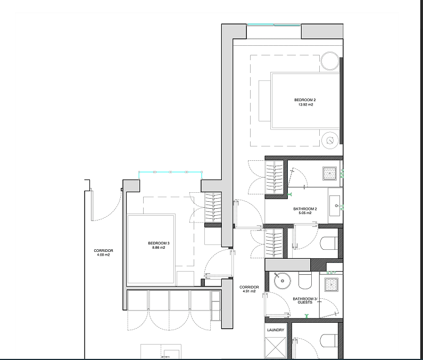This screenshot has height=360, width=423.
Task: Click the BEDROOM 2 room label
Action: pos(305,100)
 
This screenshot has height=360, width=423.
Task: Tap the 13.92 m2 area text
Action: pos(305,105)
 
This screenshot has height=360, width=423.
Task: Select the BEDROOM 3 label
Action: pos(159,243)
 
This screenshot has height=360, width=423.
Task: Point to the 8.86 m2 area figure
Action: pos(159,248)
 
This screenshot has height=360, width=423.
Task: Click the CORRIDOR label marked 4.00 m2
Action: pos(103,251)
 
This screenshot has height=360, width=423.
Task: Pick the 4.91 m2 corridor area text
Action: pos(249,291)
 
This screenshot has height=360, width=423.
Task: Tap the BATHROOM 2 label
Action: pos(305,209)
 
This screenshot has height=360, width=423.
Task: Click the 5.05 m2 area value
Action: pos(305,213)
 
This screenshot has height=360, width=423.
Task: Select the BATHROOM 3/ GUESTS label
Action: pos(305,300)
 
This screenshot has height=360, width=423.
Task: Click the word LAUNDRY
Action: pos(276,330)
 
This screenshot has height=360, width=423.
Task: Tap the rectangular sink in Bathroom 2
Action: pos(335,206)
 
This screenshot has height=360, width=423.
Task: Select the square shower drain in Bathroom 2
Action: pos(330,174)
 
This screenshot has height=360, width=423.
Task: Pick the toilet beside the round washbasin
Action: pos(305,280)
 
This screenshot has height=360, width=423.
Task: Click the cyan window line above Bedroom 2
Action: pos(274,24)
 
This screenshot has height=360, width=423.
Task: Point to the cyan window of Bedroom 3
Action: pos(170,172)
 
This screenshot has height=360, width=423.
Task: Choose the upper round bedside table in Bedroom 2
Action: pos(330,61)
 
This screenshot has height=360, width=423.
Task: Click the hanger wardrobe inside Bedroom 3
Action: pos(213,207)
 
